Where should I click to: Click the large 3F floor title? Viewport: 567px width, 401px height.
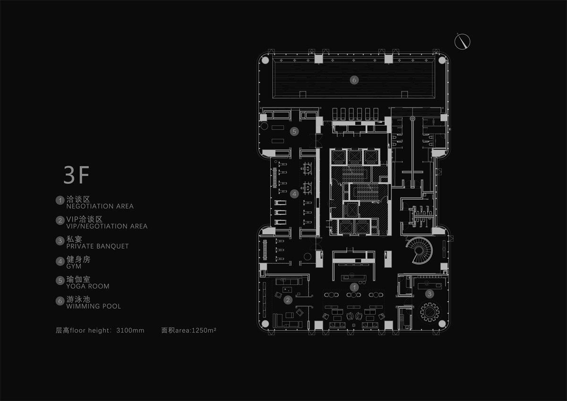[x=77, y=175]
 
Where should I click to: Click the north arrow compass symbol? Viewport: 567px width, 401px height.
[x=463, y=42]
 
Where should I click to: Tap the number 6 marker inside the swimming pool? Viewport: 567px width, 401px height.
[x=354, y=80]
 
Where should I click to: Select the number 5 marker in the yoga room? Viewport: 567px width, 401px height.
[x=294, y=131]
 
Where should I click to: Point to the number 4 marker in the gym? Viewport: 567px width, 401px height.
[x=294, y=193]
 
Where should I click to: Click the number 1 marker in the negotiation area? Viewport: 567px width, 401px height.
[x=354, y=287]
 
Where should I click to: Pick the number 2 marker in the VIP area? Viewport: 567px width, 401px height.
[x=288, y=299]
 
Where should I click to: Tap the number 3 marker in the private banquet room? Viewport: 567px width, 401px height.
[x=429, y=294]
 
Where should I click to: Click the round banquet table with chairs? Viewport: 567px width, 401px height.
[x=430, y=312]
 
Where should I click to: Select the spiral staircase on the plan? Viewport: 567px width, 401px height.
[x=417, y=250]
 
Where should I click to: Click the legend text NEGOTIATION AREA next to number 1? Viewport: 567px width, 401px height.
[x=100, y=206]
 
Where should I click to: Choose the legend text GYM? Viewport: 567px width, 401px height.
[x=74, y=266]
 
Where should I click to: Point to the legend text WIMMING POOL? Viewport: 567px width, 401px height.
[x=94, y=306]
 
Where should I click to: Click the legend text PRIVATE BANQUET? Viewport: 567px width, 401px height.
[x=97, y=246]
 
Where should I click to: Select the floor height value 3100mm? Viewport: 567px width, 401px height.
[x=130, y=330]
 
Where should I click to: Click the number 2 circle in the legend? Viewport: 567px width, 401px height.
[x=60, y=220]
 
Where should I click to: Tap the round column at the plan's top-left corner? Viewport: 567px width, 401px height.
[x=265, y=61]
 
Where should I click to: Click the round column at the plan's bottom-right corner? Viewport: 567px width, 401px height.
[x=442, y=323]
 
